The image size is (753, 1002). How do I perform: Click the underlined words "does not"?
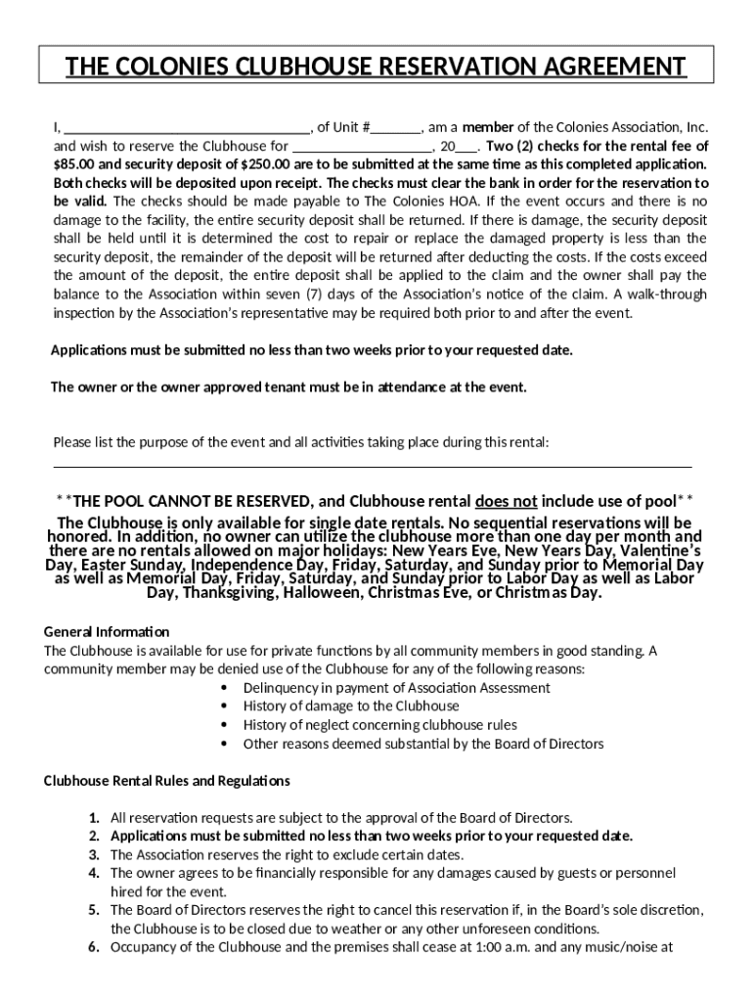[506, 500]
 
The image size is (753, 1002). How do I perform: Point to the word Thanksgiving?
[230, 592]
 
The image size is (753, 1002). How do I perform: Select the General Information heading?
[107, 631]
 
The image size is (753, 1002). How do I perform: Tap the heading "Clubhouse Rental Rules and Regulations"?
[167, 781]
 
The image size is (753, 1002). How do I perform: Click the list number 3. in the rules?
[94, 854]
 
